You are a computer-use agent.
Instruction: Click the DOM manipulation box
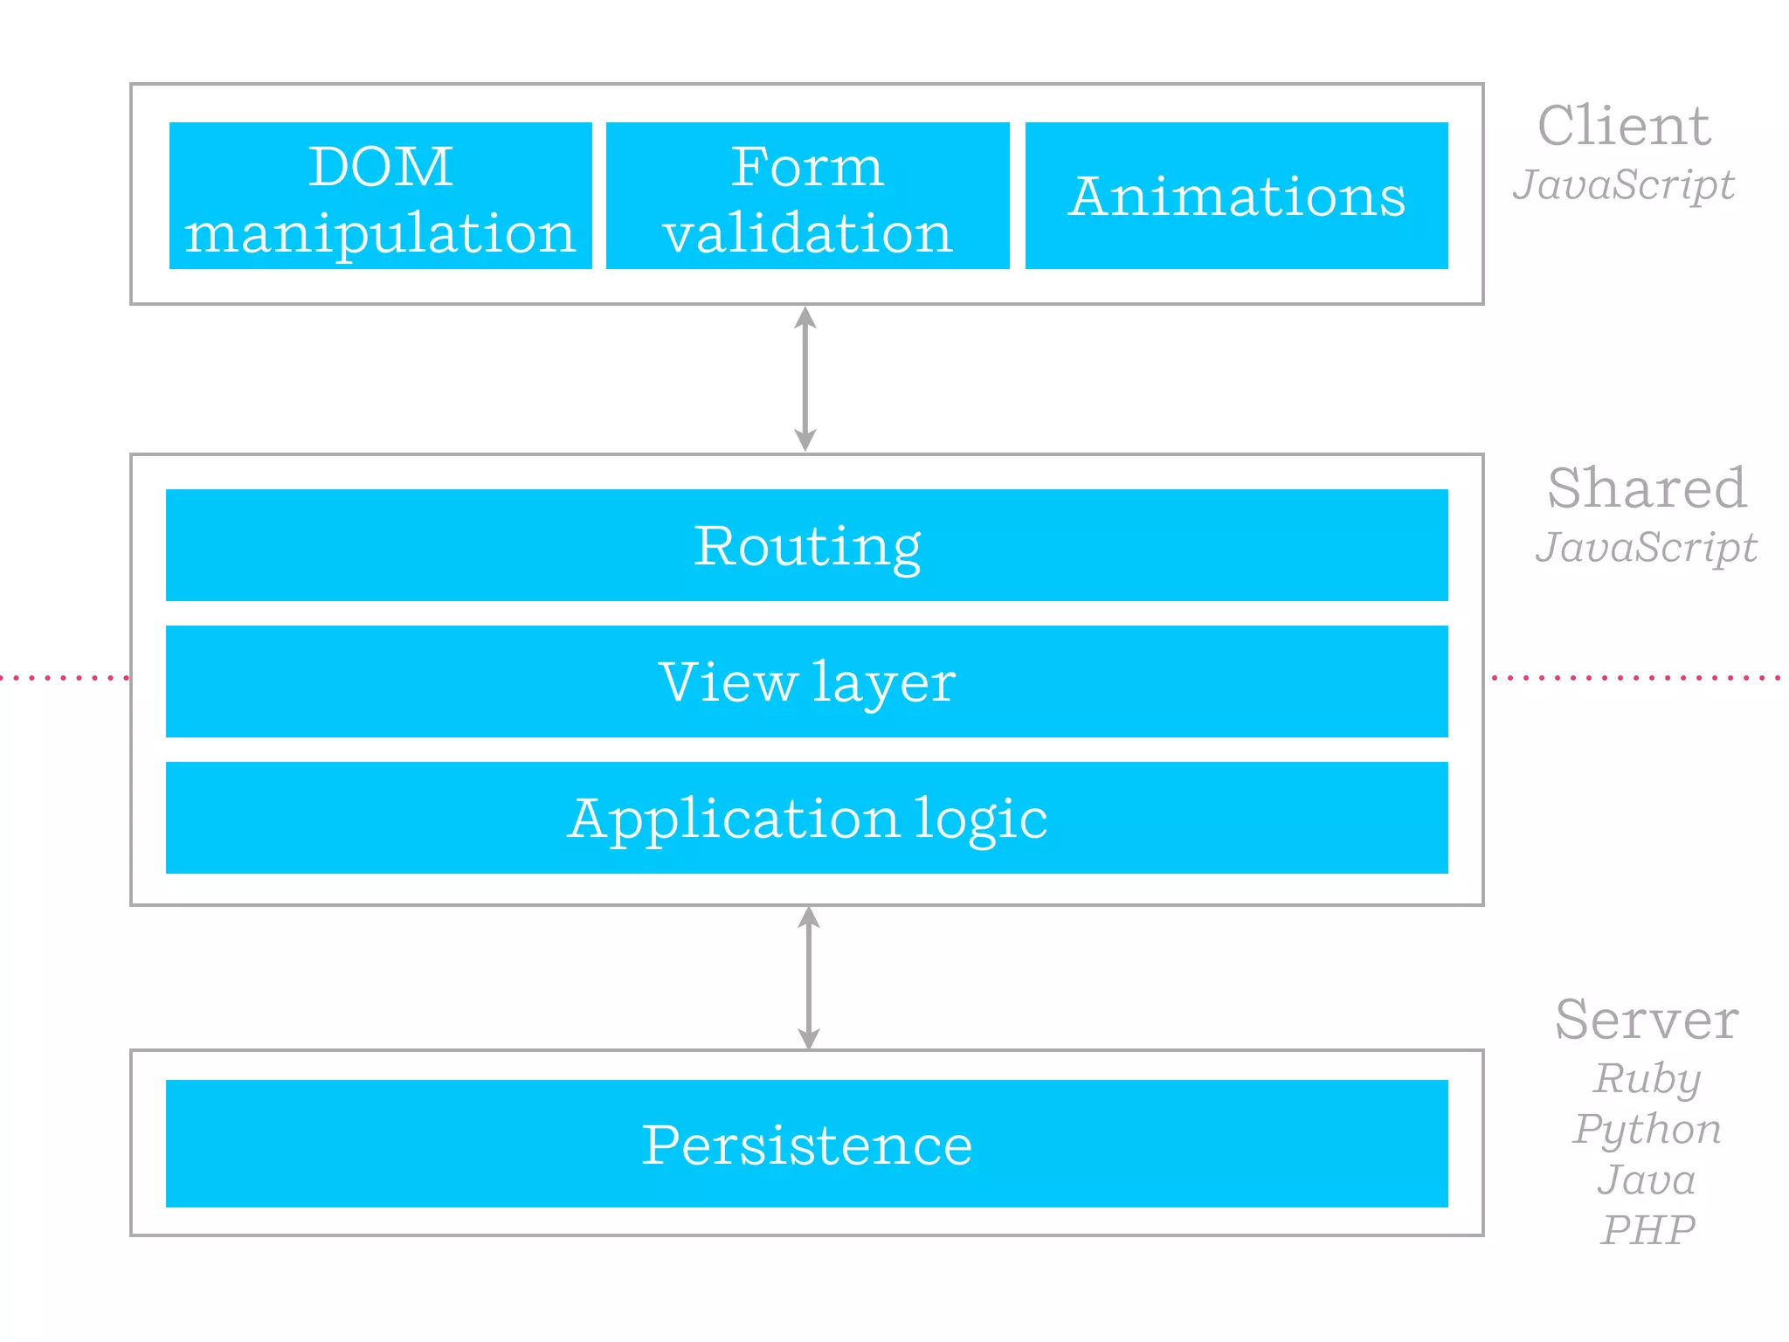tap(380, 196)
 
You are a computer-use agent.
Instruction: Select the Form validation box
tap(807, 196)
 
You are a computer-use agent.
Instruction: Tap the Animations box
tap(1236, 196)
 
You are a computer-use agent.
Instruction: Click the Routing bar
tap(806, 545)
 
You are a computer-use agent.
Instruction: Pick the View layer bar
tap(806, 681)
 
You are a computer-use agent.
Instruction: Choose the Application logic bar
tap(806, 818)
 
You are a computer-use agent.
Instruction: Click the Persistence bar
tap(806, 1144)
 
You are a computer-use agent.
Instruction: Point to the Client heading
tap(1624, 127)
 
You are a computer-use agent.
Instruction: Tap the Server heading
tap(1647, 1020)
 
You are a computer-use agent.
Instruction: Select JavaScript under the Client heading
tap(1624, 185)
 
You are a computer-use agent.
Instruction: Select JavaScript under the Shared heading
tap(1647, 548)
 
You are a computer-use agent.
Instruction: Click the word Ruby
tap(1647, 1079)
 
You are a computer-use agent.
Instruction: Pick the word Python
tap(1647, 1130)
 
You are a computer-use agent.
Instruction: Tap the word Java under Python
tap(1647, 1179)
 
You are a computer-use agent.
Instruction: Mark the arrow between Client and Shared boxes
tap(805, 378)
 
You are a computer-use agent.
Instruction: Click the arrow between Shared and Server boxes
tap(809, 978)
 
